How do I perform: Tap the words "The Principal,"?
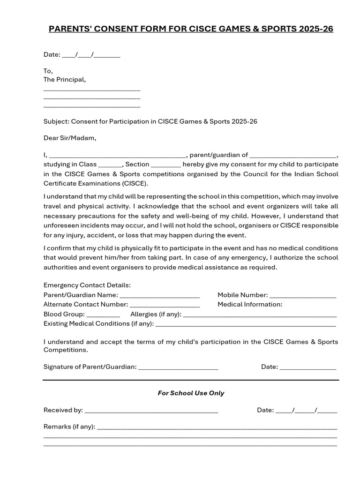pos(65,80)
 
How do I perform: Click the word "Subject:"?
pos(56,121)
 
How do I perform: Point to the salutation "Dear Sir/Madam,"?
pos(70,138)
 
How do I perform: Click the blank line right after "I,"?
pos(118,155)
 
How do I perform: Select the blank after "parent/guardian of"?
pos(293,155)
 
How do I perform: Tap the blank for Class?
pos(110,165)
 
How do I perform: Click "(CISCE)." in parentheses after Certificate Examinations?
pos(135,183)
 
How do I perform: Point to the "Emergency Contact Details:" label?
pos(87,285)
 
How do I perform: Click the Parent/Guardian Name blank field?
pos(160,295)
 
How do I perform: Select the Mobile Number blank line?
pos(303,295)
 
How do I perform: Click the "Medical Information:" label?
pos(250,304)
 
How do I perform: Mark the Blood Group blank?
pos(103,315)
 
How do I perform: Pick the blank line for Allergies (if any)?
pos(260,315)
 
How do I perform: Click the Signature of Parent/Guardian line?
pos(178,367)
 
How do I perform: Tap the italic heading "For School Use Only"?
pos(191,393)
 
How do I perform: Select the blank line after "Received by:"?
pos(151,411)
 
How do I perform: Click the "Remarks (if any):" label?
pos(69,427)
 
